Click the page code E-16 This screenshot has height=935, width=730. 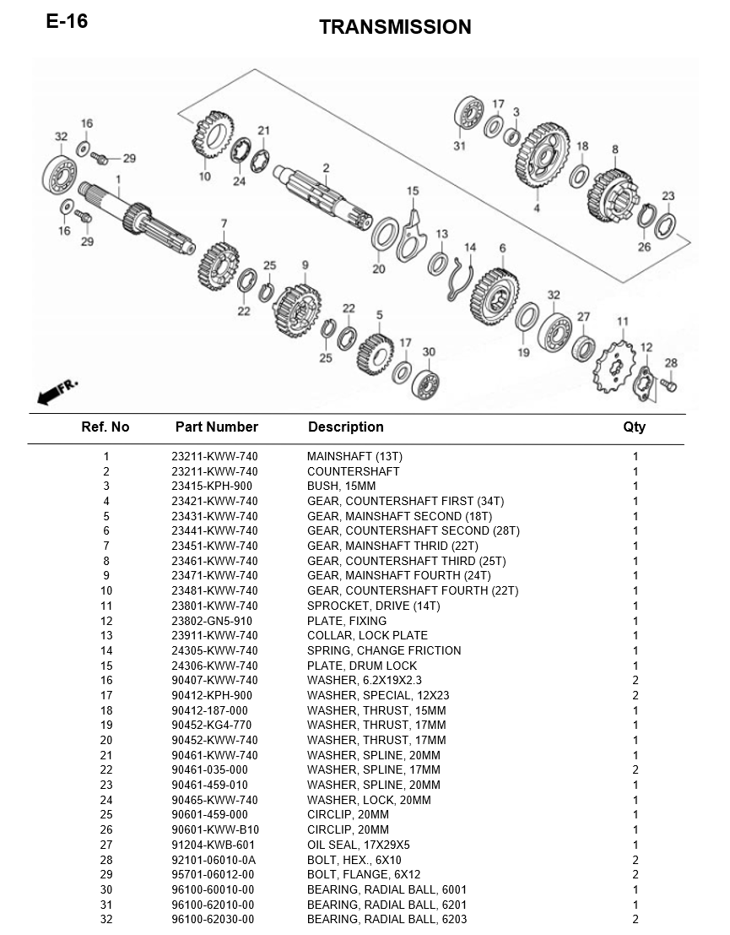click(x=67, y=21)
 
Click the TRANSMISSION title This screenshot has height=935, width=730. click(x=395, y=27)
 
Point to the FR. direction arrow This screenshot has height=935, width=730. click(x=57, y=390)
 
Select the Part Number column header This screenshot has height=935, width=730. click(x=216, y=427)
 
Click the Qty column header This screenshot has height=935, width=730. click(x=634, y=427)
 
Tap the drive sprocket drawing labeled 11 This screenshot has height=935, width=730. click(x=614, y=366)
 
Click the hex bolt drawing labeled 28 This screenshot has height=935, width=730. click(x=668, y=386)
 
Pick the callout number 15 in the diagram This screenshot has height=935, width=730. click(x=413, y=191)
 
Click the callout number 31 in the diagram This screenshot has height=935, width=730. click(x=459, y=145)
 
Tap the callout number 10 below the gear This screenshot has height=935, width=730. click(x=205, y=177)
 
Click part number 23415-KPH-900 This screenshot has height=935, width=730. click(x=212, y=486)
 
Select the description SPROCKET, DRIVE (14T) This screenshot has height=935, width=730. click(x=374, y=606)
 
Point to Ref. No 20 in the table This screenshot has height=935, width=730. click(x=106, y=740)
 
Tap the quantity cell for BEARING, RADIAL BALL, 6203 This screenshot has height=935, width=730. click(x=635, y=920)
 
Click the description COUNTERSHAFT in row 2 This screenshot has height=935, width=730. click(x=354, y=471)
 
